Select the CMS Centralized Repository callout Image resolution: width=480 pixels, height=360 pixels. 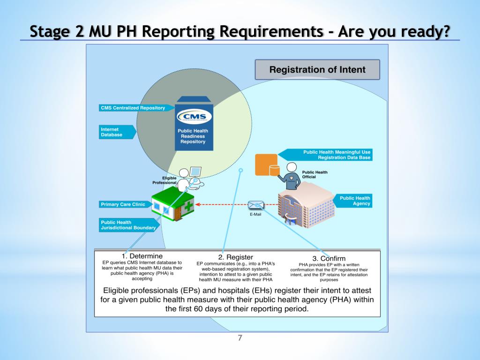[x=133, y=108]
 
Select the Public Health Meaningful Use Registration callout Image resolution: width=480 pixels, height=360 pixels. [x=334, y=155]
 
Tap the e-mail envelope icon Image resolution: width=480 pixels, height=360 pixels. [x=256, y=205]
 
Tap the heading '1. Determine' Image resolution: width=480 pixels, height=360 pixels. [x=142, y=256]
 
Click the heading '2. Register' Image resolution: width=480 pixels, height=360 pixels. [x=236, y=257]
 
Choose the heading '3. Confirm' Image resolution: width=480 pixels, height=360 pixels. [x=329, y=258]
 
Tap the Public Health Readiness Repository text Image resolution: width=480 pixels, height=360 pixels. [x=193, y=136]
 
